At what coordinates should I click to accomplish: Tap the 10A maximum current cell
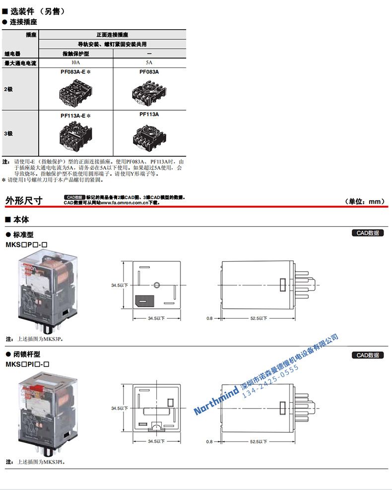pyautogui.click(x=75, y=63)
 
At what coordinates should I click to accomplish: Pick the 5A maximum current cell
pyautogui.click(x=149, y=63)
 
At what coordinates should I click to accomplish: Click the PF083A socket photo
pyautogui.click(x=149, y=91)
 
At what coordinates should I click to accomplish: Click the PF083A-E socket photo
pyautogui.click(x=75, y=91)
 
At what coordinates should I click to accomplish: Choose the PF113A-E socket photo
pyautogui.click(x=75, y=135)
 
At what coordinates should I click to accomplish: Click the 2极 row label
pyautogui.click(x=9, y=89)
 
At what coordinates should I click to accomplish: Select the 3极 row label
pyautogui.click(x=9, y=133)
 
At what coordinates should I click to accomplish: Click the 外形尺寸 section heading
pyautogui.click(x=24, y=201)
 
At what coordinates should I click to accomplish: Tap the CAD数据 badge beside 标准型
pyautogui.click(x=368, y=233)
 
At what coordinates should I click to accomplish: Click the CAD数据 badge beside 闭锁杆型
pyautogui.click(x=368, y=355)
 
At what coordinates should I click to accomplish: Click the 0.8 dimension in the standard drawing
pyautogui.click(x=209, y=318)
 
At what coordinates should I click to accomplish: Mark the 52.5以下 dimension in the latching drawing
pyautogui.click(x=259, y=441)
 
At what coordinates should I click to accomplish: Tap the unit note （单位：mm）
pyautogui.click(x=365, y=201)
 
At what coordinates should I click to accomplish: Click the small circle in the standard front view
pyautogui.click(x=156, y=284)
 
